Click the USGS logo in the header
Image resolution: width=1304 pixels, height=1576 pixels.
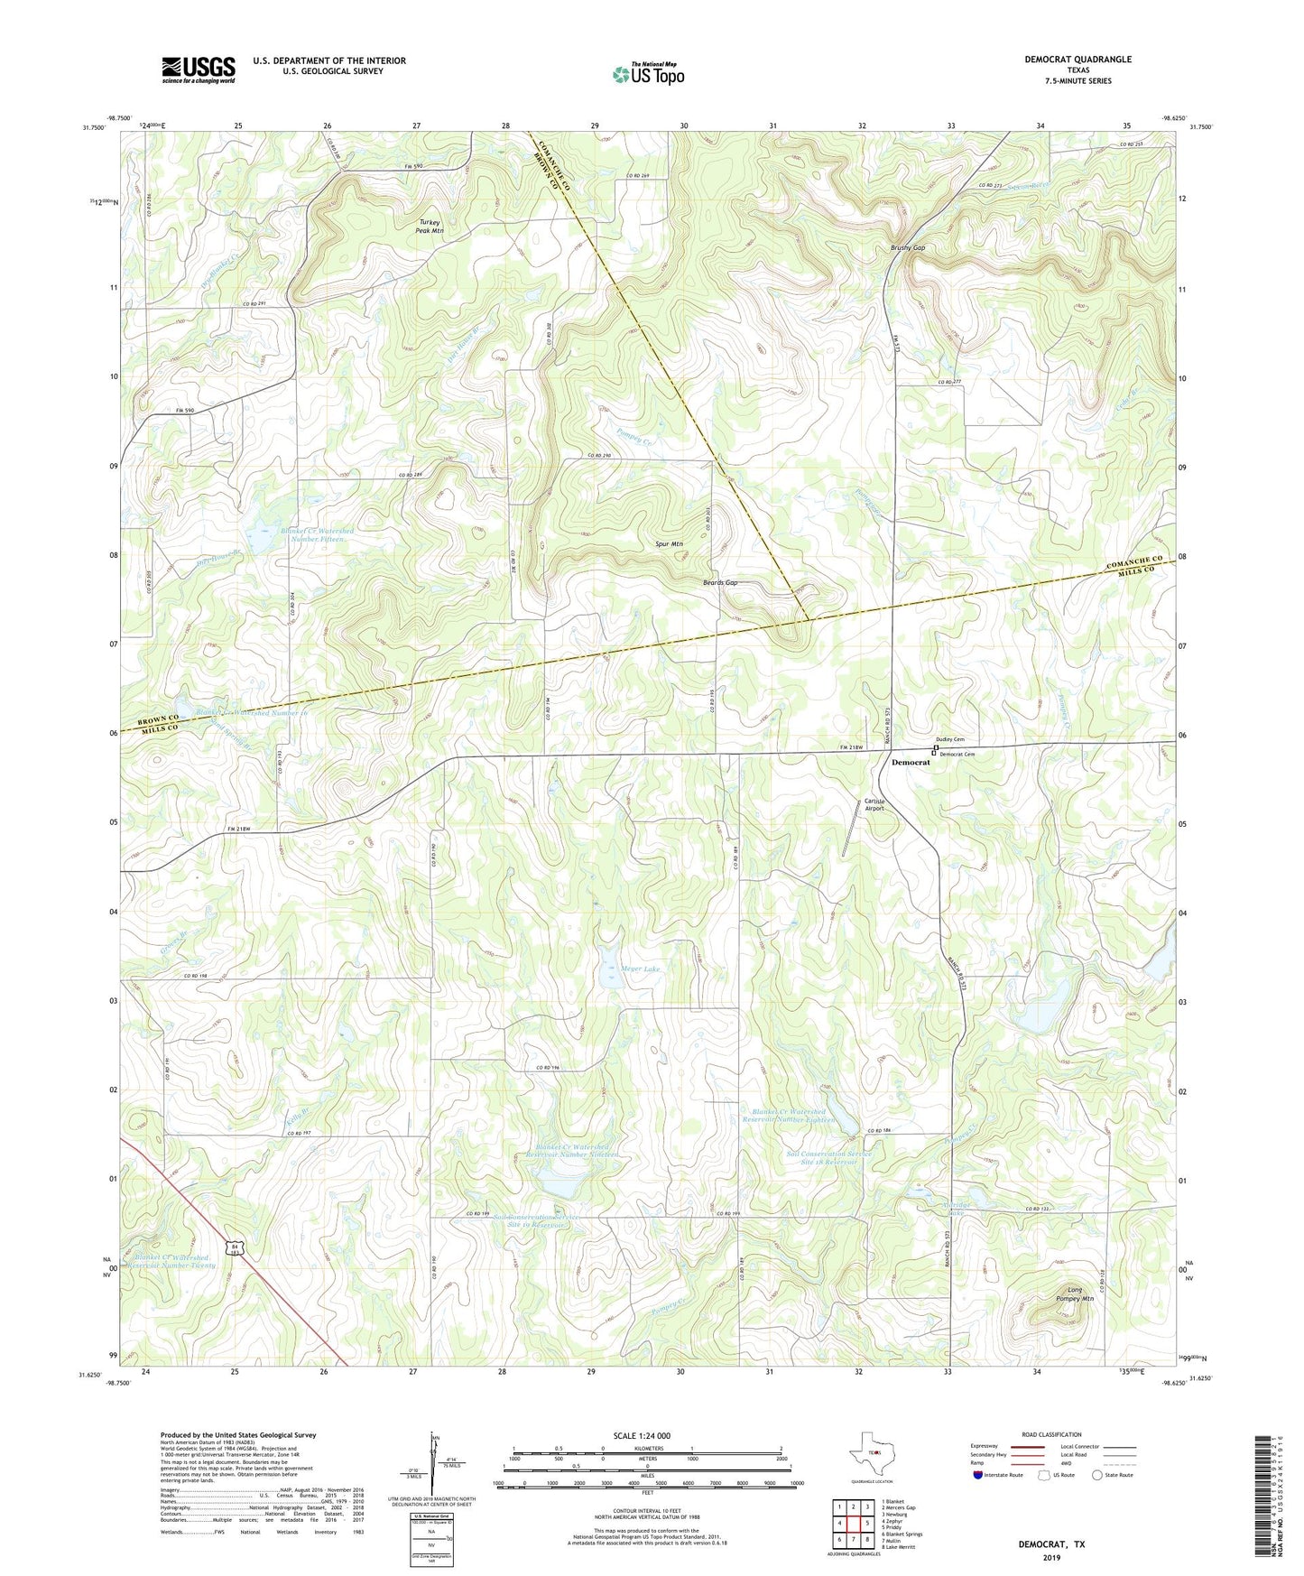199,69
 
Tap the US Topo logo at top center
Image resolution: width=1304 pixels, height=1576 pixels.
648,74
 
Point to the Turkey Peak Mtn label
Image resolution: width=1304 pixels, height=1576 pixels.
430,227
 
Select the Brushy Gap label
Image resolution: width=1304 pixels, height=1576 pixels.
908,247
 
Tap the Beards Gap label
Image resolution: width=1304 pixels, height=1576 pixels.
720,583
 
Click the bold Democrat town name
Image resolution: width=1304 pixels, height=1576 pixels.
910,763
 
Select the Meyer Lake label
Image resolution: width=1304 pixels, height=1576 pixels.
640,969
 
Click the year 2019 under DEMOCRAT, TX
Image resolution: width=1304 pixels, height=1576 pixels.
1051,1557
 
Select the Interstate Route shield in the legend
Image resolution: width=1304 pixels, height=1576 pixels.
978,1475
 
